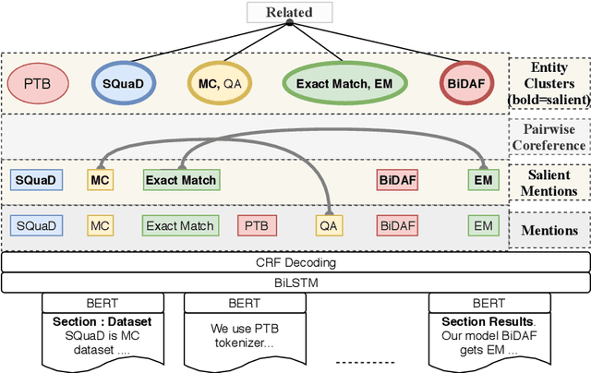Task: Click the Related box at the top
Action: pyautogui.click(x=289, y=12)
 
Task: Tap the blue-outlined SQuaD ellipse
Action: pyautogui.click(x=123, y=83)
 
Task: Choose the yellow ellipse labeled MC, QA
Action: pyautogui.click(x=220, y=83)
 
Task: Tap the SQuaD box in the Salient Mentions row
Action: pyautogui.click(x=36, y=180)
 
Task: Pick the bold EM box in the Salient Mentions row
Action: pyautogui.click(x=483, y=180)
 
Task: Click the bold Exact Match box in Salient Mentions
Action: pyautogui.click(x=181, y=180)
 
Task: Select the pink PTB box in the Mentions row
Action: pyautogui.click(x=257, y=225)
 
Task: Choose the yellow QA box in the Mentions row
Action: pyautogui.click(x=328, y=225)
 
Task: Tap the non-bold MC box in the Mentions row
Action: pyautogui.click(x=99, y=225)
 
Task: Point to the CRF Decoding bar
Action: pyautogui.click(x=295, y=262)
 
